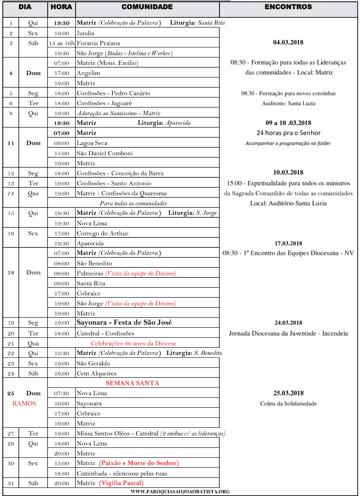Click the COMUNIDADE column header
tap(147, 7)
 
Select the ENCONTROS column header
tap(288, 7)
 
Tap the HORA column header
tap(61, 7)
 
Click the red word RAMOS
tap(24, 404)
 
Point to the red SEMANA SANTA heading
tap(132, 383)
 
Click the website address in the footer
tap(180, 491)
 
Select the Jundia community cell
tap(85, 33)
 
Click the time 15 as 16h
tap(61, 43)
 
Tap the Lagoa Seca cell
tap(92, 143)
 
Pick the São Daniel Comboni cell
tap(105, 153)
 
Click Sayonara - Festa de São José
tap(124, 323)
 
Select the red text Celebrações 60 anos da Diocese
tap(133, 343)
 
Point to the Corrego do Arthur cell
tap(103, 234)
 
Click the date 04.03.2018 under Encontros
tap(288, 42)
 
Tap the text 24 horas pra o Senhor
tap(288, 133)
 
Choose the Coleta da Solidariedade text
tap(288, 404)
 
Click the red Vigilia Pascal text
tap(121, 483)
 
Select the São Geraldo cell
tap(93, 364)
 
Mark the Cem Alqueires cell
tap(97, 374)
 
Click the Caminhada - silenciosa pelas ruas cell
tap(122, 473)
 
